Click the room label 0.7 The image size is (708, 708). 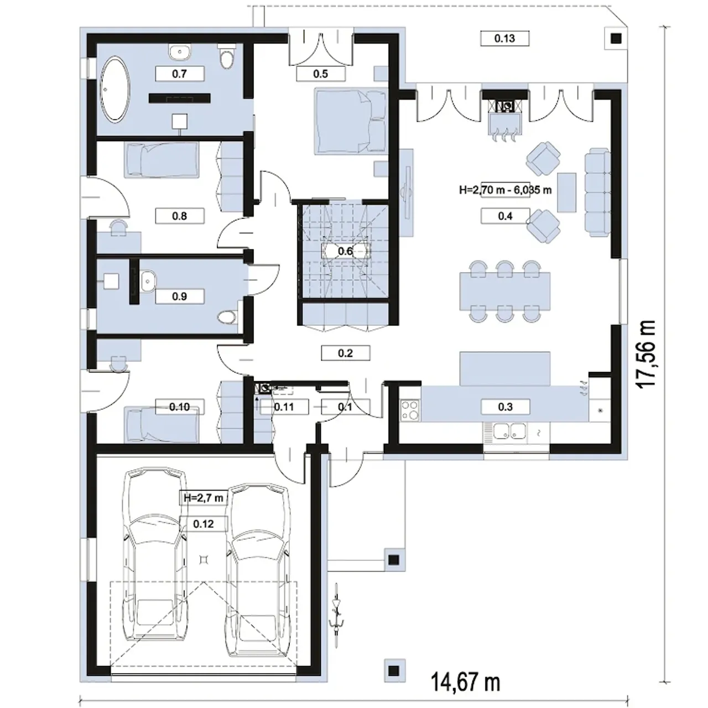(179, 74)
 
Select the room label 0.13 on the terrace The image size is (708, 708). (504, 38)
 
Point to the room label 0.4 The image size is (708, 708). (505, 216)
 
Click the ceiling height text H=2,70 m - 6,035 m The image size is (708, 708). (505, 190)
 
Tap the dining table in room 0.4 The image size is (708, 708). (505, 291)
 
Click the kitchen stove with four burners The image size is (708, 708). (410, 410)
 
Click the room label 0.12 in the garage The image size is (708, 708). (204, 524)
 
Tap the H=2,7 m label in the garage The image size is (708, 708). (204, 498)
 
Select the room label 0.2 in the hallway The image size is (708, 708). (345, 353)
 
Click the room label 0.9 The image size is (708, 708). (179, 296)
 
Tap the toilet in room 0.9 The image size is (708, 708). (228, 317)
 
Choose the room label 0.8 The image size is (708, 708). (179, 216)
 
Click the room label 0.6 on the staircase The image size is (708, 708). (345, 251)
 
